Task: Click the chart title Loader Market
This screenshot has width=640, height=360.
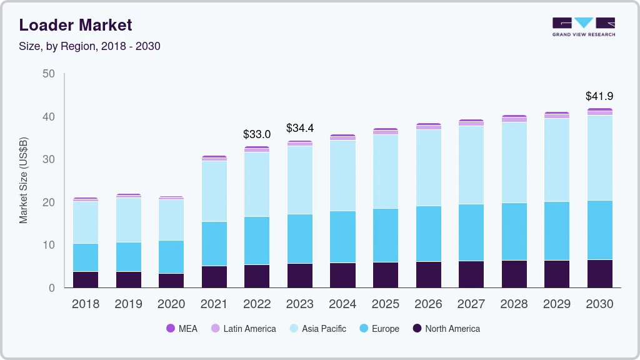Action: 75,25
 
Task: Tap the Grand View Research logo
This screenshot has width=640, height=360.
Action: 583,27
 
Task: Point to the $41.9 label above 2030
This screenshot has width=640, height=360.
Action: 599,96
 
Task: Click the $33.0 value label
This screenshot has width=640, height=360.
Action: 257,134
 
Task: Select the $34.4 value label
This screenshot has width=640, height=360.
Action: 299,128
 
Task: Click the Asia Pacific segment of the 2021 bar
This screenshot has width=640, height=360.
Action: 214,191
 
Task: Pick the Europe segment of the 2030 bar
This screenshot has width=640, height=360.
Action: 599,230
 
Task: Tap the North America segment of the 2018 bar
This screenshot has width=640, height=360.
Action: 86,279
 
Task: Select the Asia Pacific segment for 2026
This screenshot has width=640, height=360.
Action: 428,167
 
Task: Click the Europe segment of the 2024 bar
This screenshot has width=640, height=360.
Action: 342,237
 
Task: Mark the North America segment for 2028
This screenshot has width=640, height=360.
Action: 514,274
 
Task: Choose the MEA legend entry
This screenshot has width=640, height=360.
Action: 182,328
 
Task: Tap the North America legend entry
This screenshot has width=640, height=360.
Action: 446,328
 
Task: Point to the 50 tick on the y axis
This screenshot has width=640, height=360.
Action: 49,74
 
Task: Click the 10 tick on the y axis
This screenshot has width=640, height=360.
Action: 49,245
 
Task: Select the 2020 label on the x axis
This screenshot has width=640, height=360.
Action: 171,304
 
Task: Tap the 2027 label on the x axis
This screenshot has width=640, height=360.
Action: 471,304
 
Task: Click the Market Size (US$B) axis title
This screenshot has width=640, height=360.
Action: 23,181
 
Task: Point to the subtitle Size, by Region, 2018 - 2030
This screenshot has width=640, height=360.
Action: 89,46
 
